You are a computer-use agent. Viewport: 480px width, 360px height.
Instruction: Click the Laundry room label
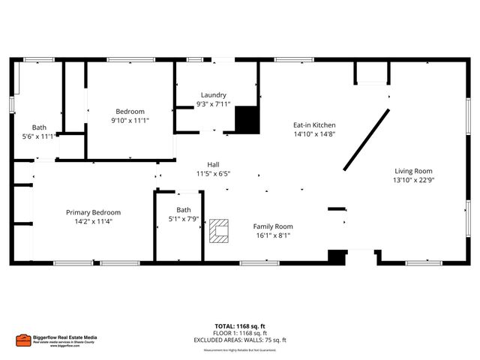pos(212,95)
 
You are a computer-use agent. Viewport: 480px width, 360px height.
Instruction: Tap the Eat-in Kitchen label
pos(313,125)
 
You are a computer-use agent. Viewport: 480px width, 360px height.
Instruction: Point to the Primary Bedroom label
pos(93,212)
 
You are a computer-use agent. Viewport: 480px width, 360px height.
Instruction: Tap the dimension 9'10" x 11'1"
pos(130,120)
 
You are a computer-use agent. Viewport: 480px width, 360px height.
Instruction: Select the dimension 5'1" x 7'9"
pos(184,218)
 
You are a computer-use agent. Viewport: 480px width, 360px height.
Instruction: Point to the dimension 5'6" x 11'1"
pos(39,136)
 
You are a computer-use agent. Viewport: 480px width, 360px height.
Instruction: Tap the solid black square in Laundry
pos(246,120)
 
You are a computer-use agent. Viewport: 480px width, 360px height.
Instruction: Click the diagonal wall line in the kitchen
pos(367,139)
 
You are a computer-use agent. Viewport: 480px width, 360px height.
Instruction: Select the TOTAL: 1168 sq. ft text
pos(240,326)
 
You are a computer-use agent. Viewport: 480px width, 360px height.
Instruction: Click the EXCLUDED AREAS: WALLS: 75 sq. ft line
pos(240,340)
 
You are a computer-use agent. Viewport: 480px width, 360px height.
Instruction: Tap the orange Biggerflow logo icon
pos(23,340)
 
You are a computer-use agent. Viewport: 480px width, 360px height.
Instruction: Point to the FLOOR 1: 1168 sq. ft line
pos(240,333)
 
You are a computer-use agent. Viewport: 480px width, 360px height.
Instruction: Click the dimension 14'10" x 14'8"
pos(313,134)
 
